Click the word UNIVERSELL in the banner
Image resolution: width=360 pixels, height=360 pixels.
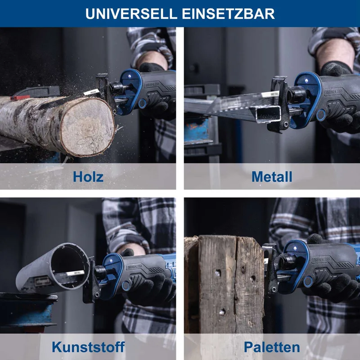tap(131, 14)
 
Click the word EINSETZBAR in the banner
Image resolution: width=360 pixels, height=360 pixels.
tap(228, 14)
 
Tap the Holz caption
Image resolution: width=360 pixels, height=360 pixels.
tap(88, 176)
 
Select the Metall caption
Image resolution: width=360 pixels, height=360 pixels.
tap(272, 176)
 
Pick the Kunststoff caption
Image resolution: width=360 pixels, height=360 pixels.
tap(88, 346)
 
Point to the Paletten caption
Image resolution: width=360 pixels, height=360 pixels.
tap(272, 346)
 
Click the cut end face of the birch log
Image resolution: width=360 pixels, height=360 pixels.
tap(88, 127)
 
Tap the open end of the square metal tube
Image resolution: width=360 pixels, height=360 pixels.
tap(269, 114)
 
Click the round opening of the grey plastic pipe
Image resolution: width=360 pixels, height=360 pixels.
tap(68, 266)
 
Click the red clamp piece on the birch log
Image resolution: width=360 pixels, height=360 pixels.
tap(20, 98)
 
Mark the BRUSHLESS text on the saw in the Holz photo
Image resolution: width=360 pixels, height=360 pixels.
tap(152, 85)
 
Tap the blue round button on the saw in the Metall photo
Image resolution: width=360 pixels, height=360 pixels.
tap(321, 115)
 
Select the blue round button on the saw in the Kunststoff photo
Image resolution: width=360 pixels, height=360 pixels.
tap(126, 286)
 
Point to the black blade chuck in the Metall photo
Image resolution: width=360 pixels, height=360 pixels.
tap(296, 95)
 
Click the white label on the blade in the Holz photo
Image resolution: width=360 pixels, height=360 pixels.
tap(91, 92)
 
